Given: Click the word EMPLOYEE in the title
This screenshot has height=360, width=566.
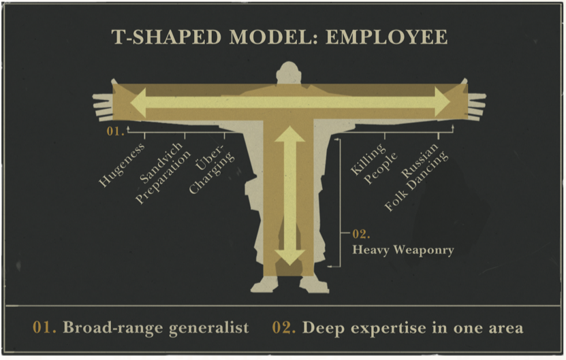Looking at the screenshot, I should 390,36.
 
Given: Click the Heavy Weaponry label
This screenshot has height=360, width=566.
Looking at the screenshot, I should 403,250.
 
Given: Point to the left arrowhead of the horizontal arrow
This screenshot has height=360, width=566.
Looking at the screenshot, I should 140,103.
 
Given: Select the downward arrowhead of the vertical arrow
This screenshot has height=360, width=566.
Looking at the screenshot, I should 289,257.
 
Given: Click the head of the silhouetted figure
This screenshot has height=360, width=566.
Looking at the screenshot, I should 290,73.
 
